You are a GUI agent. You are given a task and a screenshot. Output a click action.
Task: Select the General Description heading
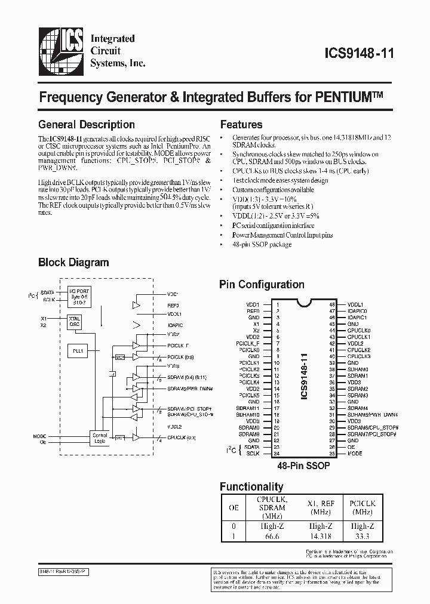click(86, 125)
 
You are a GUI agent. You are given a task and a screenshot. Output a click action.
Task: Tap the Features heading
click(241, 125)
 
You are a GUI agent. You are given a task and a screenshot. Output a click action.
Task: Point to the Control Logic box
click(100, 439)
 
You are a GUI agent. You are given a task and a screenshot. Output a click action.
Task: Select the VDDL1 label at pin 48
click(356, 304)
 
